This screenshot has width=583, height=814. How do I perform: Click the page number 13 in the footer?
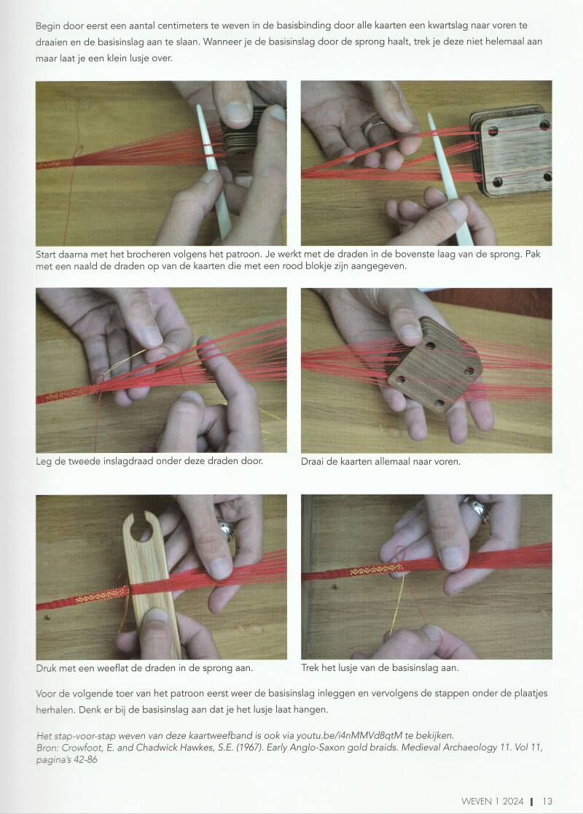[x=547, y=801]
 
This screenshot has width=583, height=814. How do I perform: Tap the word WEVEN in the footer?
[x=476, y=801]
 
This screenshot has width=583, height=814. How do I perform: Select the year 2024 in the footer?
[x=512, y=801]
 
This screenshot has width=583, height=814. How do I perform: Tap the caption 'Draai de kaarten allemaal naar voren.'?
[x=380, y=461]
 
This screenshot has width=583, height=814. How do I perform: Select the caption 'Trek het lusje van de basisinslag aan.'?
[x=380, y=667]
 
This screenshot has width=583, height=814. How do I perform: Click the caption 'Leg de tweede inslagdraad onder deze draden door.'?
[x=149, y=461]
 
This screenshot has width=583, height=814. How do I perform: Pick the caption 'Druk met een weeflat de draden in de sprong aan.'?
[x=144, y=668]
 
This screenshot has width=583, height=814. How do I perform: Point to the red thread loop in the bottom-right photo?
[x=400, y=557]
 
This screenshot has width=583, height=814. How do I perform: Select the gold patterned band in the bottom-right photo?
[x=376, y=570]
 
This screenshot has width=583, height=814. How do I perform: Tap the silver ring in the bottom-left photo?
[x=227, y=528]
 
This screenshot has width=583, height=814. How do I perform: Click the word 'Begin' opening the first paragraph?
[x=47, y=26]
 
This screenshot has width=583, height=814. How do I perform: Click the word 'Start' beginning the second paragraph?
[x=46, y=255]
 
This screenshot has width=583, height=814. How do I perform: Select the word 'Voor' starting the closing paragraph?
[x=45, y=694]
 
